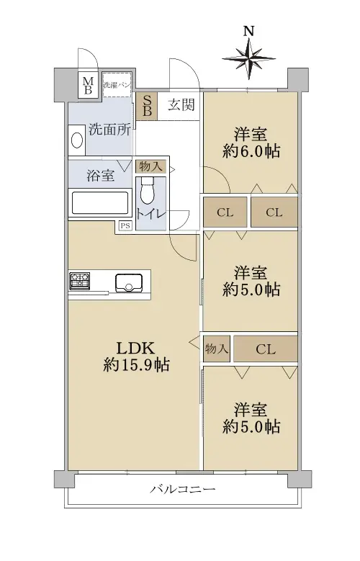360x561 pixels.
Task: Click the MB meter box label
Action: (x=88, y=86)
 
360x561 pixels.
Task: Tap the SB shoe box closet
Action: (x=146, y=107)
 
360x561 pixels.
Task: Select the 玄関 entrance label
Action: (x=181, y=105)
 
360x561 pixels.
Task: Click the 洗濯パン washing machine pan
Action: (x=117, y=85)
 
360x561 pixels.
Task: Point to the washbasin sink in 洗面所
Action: (x=77, y=140)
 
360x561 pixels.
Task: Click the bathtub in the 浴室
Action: (x=100, y=203)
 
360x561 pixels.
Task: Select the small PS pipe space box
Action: (x=125, y=225)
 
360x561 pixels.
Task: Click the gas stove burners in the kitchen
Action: (x=79, y=281)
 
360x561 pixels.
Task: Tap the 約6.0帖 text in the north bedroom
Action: (x=251, y=152)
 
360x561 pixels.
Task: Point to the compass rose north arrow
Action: (x=249, y=58)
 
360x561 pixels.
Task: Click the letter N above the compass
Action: (x=249, y=31)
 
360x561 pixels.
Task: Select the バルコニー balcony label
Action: (x=182, y=489)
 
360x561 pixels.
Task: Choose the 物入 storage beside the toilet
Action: (x=150, y=166)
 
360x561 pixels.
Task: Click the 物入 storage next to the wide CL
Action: (x=217, y=349)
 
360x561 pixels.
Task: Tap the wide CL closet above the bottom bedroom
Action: (x=266, y=349)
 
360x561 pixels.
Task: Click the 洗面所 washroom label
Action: (x=110, y=130)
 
